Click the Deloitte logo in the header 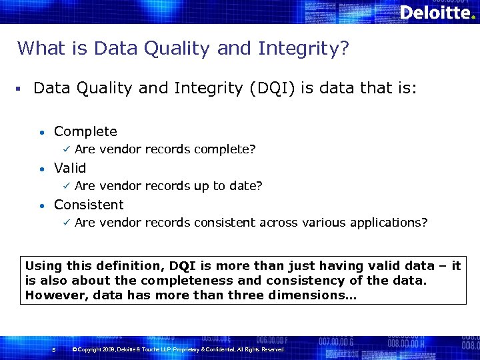[x=437, y=13]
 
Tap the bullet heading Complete [x=85, y=131]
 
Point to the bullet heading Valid [x=70, y=168]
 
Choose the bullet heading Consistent [x=89, y=205]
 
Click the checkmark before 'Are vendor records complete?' [x=65, y=149]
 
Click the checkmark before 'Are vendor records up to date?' [x=65, y=186]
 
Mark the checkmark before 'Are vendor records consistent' [x=65, y=223]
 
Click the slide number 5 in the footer [x=53, y=349]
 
